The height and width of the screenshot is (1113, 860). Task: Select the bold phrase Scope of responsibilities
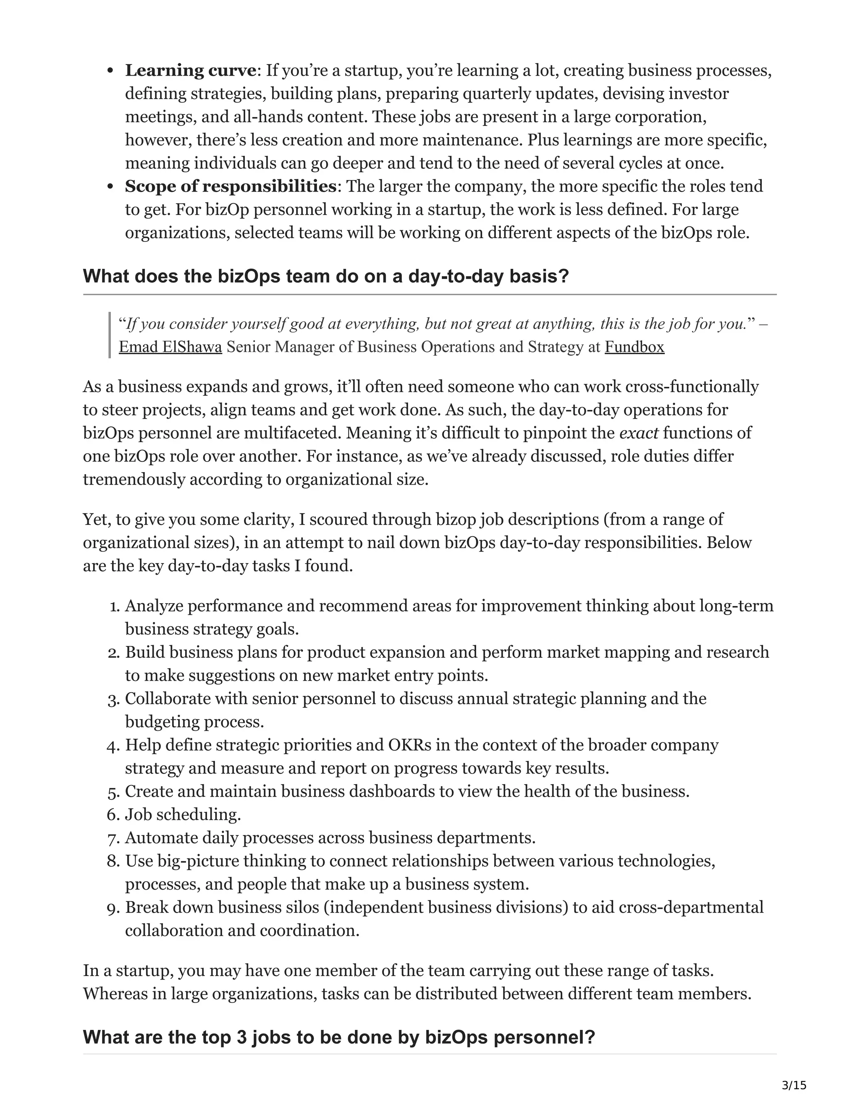click(230, 186)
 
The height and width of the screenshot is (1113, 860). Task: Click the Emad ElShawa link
click(170, 347)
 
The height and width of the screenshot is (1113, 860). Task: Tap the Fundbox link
click(635, 347)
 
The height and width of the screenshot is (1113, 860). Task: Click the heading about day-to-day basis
click(325, 276)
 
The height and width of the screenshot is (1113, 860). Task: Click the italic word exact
click(638, 433)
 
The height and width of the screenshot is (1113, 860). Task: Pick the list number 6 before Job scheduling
click(113, 815)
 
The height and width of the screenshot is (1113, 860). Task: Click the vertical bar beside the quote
click(110, 335)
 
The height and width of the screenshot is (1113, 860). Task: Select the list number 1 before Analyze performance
click(114, 606)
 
